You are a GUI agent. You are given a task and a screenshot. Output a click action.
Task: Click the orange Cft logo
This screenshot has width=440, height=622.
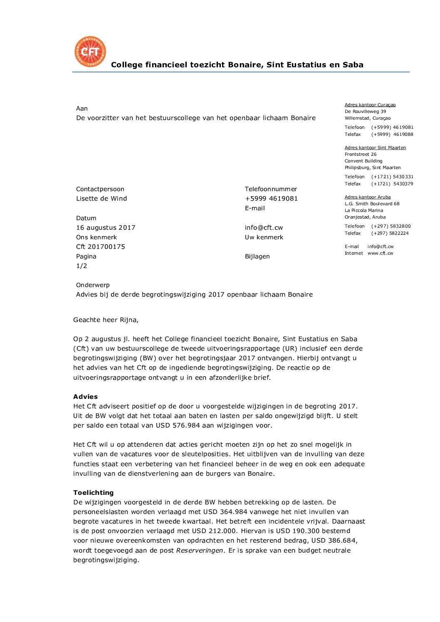[x=90, y=52]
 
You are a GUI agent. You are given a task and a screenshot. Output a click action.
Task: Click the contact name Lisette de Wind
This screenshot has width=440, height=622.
[x=101, y=199]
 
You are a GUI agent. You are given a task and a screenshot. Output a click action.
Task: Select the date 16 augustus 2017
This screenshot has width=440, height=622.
[x=106, y=228]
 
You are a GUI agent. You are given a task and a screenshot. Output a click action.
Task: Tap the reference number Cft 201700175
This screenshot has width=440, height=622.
[x=100, y=247]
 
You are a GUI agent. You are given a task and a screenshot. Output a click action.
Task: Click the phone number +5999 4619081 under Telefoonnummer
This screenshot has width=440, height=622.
[x=271, y=199]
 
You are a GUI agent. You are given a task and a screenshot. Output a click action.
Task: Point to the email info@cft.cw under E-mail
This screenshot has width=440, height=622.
[x=264, y=228]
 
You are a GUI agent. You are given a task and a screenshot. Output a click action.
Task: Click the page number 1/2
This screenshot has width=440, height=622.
[x=82, y=266]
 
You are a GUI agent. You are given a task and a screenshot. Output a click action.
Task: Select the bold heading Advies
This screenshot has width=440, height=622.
[x=85, y=397]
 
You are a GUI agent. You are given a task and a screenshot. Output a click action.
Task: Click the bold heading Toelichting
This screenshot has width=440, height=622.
[x=93, y=493]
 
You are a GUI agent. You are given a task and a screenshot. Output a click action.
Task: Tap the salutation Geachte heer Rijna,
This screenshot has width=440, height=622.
[x=106, y=320]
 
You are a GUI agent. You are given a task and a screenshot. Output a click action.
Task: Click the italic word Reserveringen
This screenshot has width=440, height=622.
[x=200, y=551]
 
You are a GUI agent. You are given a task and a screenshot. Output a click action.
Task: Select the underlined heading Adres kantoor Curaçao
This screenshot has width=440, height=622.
[x=370, y=105]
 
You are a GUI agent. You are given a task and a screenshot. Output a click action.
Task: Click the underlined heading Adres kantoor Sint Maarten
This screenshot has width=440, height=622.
[x=375, y=148]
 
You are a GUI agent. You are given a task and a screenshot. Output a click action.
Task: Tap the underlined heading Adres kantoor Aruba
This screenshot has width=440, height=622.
[x=367, y=197]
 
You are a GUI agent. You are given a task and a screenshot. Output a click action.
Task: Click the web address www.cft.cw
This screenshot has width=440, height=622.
[x=380, y=253]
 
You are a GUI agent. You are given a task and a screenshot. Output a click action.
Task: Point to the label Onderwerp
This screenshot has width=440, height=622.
[x=93, y=285]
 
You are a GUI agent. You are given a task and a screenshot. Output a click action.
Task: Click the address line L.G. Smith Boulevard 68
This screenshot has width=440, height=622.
[x=372, y=204]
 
